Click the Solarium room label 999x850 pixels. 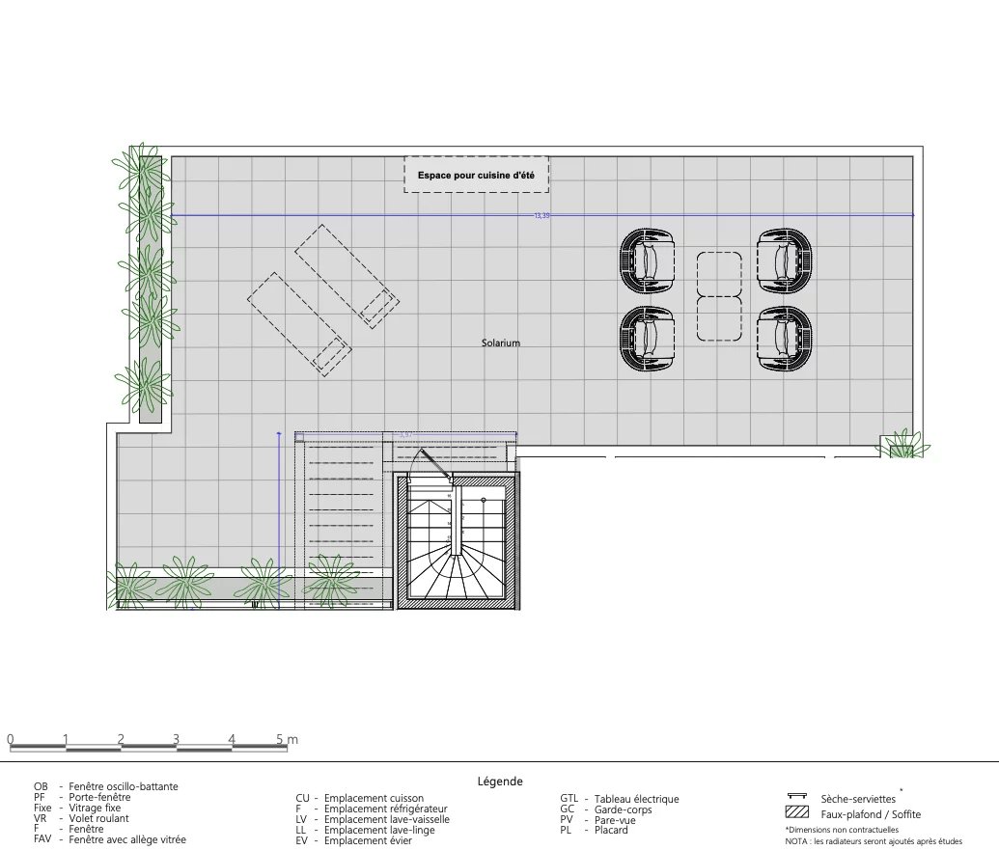point(501,343)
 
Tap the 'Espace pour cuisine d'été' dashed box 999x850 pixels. point(476,175)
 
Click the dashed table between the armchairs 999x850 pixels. point(719,296)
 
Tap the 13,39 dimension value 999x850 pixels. point(541,216)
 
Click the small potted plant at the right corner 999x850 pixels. point(900,447)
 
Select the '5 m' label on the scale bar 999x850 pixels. point(287,740)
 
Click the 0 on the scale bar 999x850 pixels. point(10,740)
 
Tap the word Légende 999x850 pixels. point(500,781)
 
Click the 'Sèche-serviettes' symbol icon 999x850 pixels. point(797,797)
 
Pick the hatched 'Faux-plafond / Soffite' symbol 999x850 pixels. point(797,812)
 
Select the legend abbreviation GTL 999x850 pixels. point(569,799)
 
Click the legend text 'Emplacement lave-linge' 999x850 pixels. point(379,830)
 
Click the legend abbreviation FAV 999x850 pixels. point(42,840)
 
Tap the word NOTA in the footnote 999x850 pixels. point(796,841)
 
